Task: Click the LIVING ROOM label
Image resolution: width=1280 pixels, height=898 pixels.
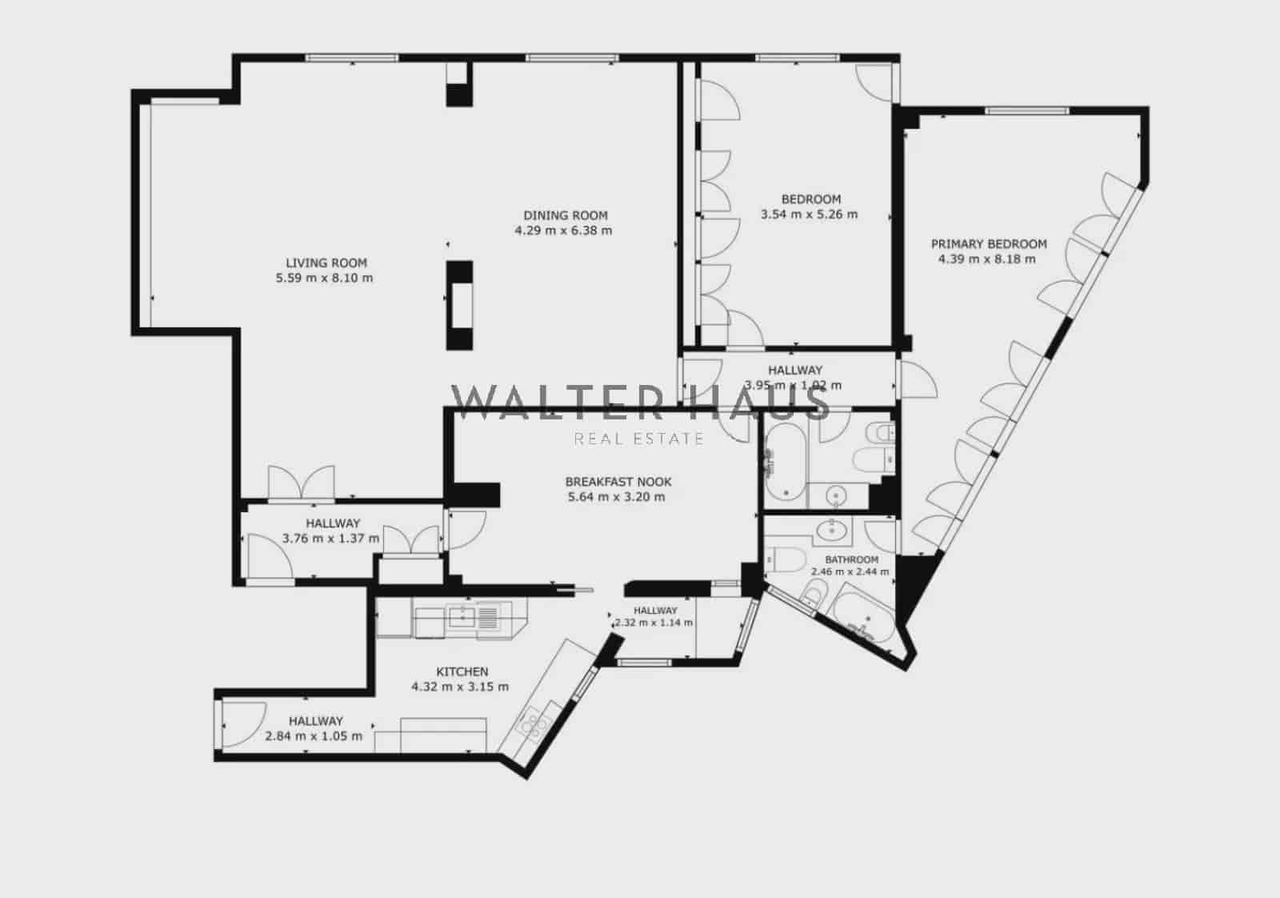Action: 326,263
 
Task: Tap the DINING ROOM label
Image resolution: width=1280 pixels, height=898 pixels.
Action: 565,215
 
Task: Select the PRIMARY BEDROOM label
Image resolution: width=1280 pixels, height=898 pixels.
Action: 988,244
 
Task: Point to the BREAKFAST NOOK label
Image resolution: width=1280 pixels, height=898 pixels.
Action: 618,482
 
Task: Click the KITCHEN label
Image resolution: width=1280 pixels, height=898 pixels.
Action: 462,671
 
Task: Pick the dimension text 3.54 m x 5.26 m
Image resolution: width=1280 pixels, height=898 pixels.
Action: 809,214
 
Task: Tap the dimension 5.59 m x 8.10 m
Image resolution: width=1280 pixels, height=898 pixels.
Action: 324,279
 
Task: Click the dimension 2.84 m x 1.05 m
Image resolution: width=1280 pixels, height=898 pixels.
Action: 314,736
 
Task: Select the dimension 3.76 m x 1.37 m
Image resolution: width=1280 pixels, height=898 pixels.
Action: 330,539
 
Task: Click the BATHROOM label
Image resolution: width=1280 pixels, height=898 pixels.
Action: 851,559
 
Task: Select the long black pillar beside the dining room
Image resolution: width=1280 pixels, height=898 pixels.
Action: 459,304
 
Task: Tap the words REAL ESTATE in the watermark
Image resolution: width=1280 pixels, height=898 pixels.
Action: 639,439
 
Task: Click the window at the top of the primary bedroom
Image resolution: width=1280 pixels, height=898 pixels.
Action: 1026,110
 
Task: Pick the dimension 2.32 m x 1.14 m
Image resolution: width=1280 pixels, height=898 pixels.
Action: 653,623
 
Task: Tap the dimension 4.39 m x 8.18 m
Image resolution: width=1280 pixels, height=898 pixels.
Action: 986,259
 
